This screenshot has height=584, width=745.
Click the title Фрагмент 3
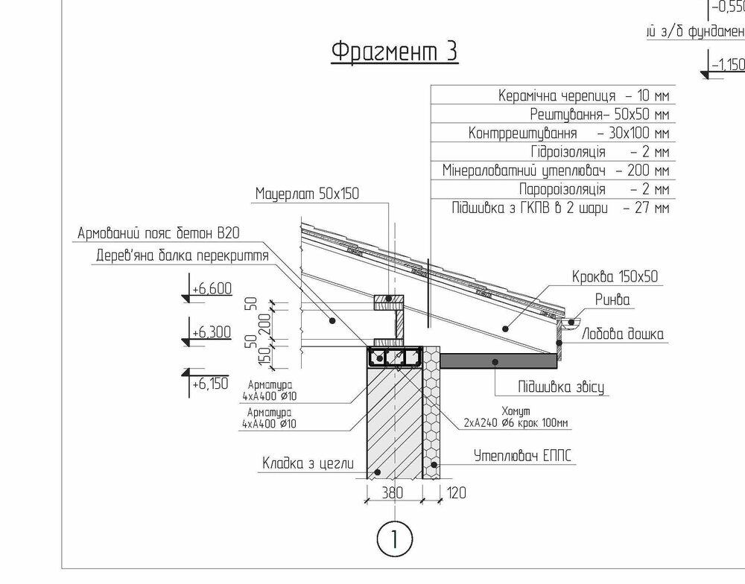click(x=394, y=51)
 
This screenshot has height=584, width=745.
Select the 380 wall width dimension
click(x=393, y=493)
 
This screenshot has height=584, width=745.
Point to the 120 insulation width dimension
click(x=456, y=493)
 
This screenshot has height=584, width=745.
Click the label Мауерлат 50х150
click(x=308, y=194)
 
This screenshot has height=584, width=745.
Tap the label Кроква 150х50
click(x=615, y=276)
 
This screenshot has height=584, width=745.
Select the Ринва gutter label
click(x=612, y=299)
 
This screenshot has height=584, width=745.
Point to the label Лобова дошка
click(x=623, y=334)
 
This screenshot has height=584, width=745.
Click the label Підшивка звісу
click(x=561, y=387)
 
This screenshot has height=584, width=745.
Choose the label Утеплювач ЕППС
click(x=523, y=456)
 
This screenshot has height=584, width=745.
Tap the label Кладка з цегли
click(x=308, y=463)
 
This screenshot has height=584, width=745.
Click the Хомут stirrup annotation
click(x=516, y=416)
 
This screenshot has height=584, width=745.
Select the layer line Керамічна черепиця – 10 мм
click(x=583, y=95)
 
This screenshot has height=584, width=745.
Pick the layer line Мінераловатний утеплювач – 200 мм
click(x=556, y=170)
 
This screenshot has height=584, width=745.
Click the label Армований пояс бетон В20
click(x=159, y=233)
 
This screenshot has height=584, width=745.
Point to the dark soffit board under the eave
click(x=498, y=361)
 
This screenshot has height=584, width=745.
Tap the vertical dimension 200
click(x=265, y=324)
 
